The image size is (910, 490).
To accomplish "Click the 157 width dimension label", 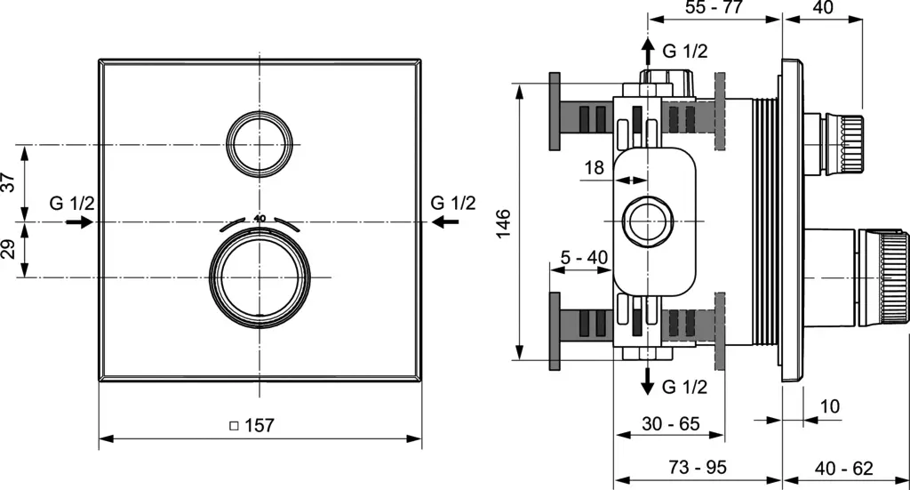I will pyautogui.click(x=258, y=426).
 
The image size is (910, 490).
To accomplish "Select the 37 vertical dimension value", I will pyautogui.click(x=8, y=181).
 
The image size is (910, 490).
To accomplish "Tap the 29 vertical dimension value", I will pyautogui.click(x=8, y=249).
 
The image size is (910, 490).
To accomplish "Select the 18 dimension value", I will pyautogui.click(x=595, y=168).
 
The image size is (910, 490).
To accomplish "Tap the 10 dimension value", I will pyautogui.click(x=829, y=406).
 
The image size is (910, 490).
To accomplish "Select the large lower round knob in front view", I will pyautogui.click(x=259, y=278).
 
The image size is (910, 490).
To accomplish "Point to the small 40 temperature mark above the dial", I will pyautogui.click(x=259, y=218).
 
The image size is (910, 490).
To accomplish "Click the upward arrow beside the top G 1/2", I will pyautogui.click(x=648, y=51).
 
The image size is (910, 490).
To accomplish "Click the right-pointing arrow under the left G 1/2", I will pyautogui.click(x=79, y=221).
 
